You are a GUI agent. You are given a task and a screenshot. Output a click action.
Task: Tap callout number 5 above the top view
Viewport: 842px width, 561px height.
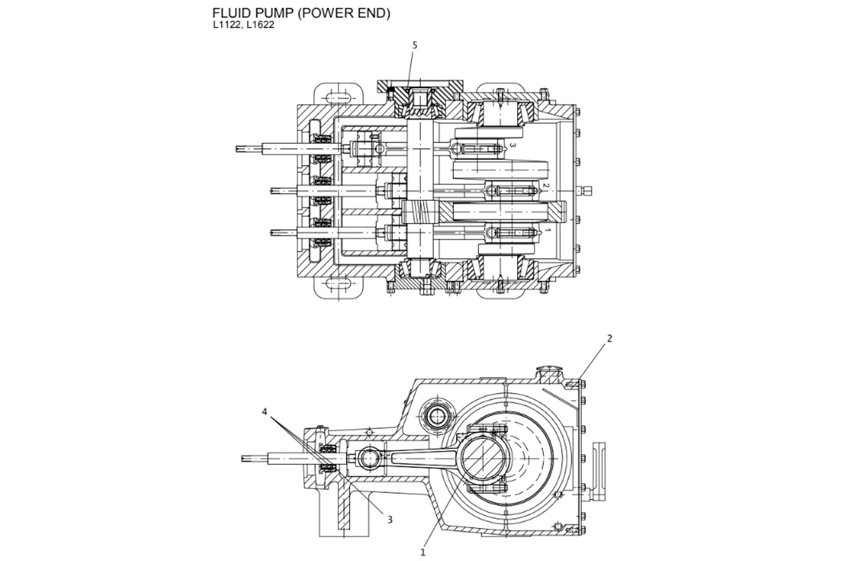click(x=415, y=45)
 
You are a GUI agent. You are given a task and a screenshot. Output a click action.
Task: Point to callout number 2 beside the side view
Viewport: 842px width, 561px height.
click(x=609, y=338)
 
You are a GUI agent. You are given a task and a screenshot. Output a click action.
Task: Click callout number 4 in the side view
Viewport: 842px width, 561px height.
click(x=265, y=412)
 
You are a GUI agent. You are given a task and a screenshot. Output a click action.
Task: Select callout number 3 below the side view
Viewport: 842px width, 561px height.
click(x=390, y=519)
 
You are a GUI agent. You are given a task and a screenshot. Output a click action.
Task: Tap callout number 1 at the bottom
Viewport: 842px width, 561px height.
click(x=422, y=552)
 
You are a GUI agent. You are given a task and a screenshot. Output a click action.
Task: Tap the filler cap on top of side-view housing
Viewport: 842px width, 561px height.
click(x=548, y=372)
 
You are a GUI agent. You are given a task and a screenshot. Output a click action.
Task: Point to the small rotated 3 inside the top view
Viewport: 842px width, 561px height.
click(x=513, y=145)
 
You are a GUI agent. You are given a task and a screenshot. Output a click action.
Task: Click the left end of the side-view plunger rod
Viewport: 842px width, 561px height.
click(x=243, y=459)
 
